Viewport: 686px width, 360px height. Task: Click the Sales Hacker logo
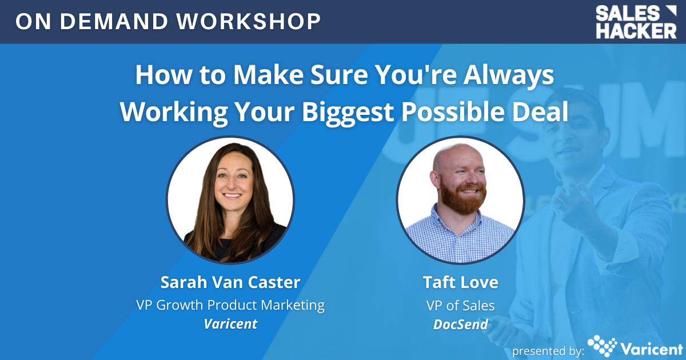coord(636,22)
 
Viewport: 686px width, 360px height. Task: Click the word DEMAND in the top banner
coord(114,22)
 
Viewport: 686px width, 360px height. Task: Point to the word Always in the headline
coord(508,76)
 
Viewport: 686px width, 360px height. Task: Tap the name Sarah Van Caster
coord(230,282)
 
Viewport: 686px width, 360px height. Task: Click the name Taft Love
coord(460,282)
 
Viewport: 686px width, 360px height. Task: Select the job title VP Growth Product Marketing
coord(230,306)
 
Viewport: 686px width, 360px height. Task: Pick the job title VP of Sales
coord(460,306)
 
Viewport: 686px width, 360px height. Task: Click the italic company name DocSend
coord(461,324)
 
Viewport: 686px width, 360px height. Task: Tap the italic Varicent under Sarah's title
coord(230,324)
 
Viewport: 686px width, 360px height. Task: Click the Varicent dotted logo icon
coord(602,346)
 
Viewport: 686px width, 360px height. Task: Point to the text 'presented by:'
coord(548,351)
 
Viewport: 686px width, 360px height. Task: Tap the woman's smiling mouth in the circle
coord(232,195)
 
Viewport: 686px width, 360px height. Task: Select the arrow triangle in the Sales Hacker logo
coord(671,11)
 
